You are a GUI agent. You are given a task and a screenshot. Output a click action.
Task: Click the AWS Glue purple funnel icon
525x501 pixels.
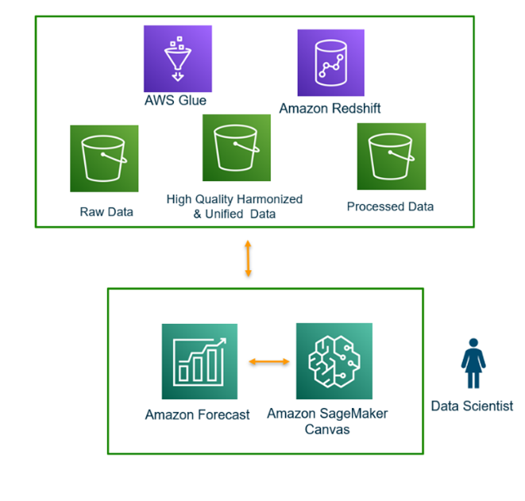[178, 60]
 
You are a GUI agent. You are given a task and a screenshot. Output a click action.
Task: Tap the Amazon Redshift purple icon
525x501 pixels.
[330, 63]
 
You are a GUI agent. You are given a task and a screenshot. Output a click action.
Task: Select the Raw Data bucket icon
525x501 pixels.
[104, 158]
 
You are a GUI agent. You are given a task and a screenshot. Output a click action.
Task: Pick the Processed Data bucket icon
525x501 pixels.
[391, 156]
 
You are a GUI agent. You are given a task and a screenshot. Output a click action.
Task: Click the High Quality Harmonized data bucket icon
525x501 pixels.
[237, 148]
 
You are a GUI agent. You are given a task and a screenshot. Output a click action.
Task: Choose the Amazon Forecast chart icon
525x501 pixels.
[199, 361]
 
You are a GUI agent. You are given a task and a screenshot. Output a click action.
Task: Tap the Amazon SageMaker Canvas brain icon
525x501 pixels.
[334, 360]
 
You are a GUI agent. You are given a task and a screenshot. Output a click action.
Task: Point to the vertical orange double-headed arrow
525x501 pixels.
[249, 258]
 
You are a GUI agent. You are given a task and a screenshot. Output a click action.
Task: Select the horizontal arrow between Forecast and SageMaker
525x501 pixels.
[268, 363]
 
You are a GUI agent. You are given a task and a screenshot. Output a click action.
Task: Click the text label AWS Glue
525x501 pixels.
[176, 102]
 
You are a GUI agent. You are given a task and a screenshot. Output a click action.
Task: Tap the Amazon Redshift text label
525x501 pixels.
[330, 108]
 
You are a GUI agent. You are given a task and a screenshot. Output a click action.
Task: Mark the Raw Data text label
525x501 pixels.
[106, 212]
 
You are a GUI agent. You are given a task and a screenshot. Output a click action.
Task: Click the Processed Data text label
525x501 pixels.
[390, 206]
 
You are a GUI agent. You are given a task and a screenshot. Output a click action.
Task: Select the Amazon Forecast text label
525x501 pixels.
[197, 414]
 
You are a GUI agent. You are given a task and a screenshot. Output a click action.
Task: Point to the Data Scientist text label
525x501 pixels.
[472, 406]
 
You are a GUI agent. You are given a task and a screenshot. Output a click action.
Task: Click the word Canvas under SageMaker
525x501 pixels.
[327, 429]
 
